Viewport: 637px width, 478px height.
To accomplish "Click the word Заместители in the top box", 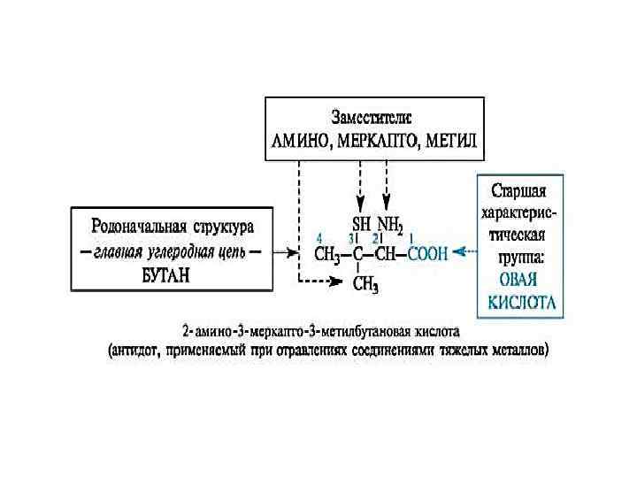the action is (371, 117).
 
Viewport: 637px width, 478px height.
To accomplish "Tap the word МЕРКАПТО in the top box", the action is (376, 141).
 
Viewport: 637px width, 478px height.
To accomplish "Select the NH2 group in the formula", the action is (390, 224).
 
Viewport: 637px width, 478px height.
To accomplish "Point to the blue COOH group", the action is (427, 254).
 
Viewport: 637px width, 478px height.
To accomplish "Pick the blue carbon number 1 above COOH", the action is (410, 237).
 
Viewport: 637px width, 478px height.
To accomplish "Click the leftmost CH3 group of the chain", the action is (328, 255).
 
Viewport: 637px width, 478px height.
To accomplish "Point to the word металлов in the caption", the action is (517, 351).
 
